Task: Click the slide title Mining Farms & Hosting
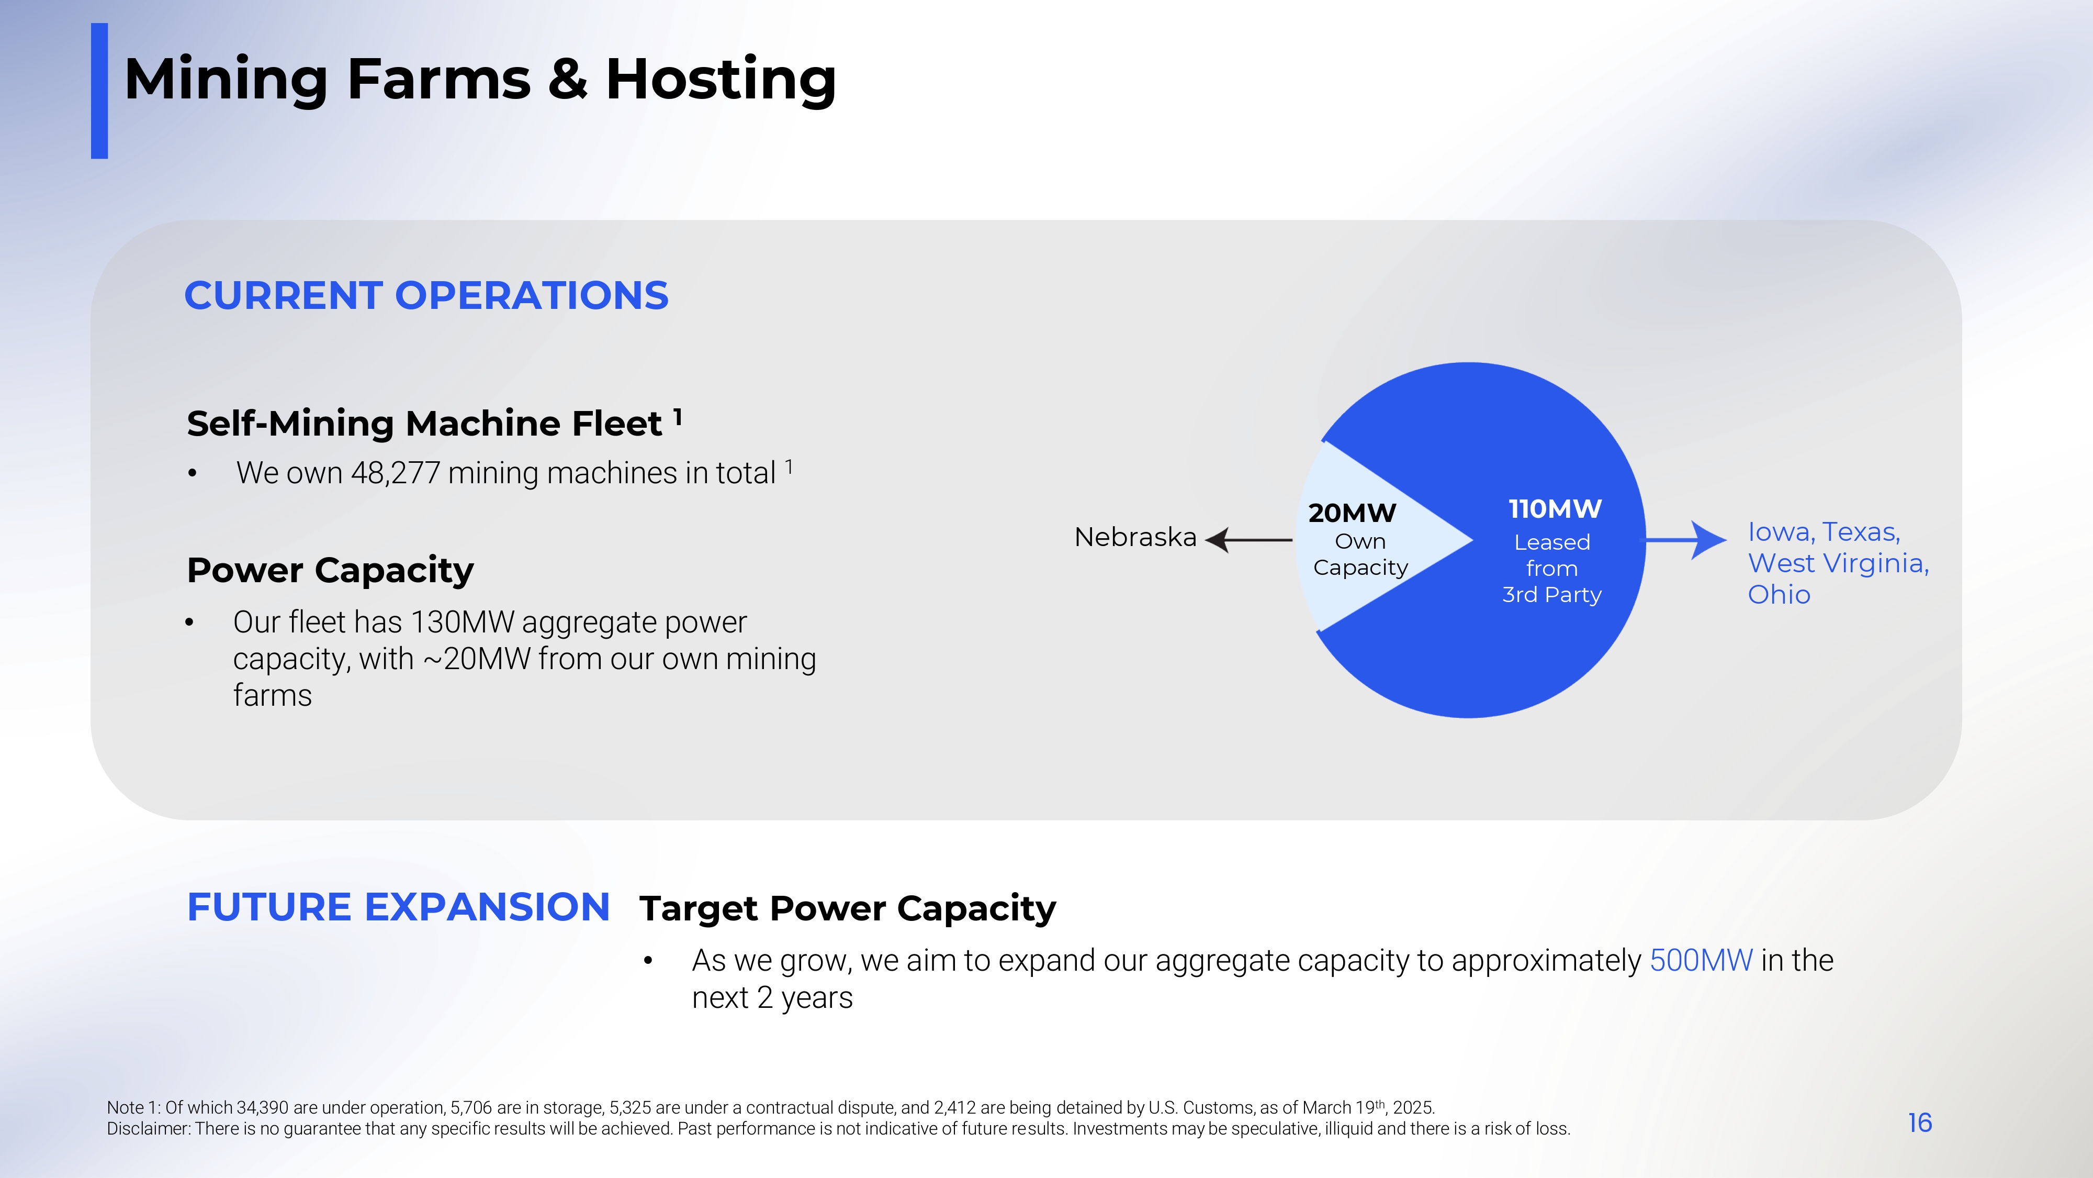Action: [480, 80]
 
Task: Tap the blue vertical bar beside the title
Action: [99, 91]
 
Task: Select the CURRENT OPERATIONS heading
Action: [426, 295]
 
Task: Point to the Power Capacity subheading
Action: [330, 571]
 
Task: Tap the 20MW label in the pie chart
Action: [1352, 513]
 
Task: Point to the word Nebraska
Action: [1135, 537]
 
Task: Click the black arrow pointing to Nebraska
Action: [1249, 540]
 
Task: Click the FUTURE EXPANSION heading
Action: [398, 907]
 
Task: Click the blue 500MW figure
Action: [1702, 961]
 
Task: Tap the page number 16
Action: [1920, 1123]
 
